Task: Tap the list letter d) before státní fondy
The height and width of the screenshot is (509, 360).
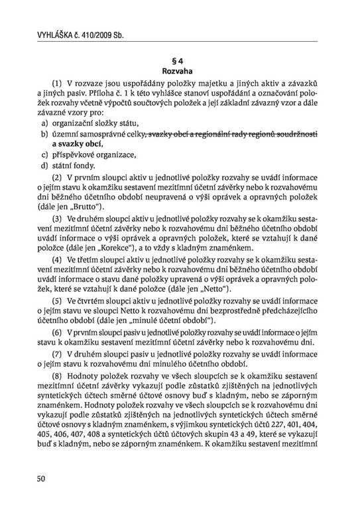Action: click(44, 165)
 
